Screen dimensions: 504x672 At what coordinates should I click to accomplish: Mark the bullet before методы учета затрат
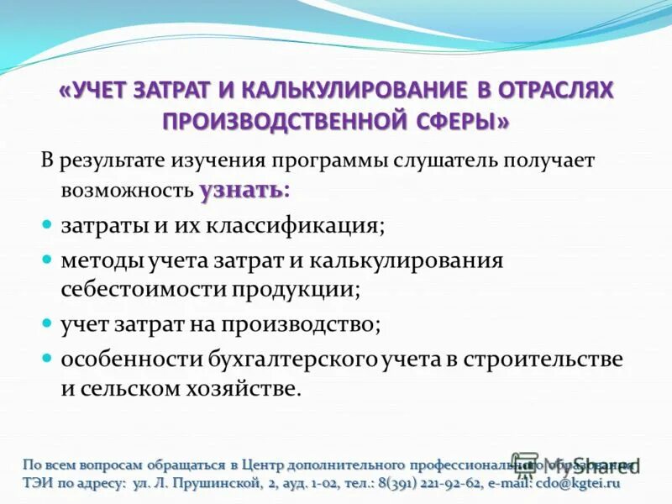click(48, 260)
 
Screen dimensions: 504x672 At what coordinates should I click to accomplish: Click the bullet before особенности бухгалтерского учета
click(48, 359)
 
